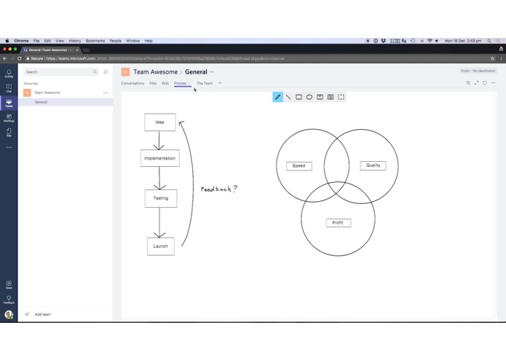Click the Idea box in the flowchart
pyautogui.click(x=159, y=122)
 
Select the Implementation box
pyautogui.click(x=159, y=158)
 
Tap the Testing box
pyautogui.click(x=160, y=198)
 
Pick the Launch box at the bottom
pyautogui.click(x=160, y=246)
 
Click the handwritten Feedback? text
pyautogui.click(x=218, y=189)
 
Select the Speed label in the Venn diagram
pyautogui.click(x=299, y=166)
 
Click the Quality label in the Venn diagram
pyautogui.click(x=373, y=165)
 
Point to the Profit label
pyautogui.click(x=338, y=223)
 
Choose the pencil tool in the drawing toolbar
pyautogui.click(x=277, y=97)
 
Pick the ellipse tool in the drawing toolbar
pyautogui.click(x=309, y=97)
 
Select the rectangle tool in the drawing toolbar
pyautogui.click(x=299, y=97)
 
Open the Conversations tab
pyautogui.click(x=133, y=83)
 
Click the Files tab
pyautogui.click(x=153, y=83)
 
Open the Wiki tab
pyautogui.click(x=165, y=83)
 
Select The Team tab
pyautogui.click(x=205, y=83)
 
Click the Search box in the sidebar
pyautogui.click(x=58, y=72)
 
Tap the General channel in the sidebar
pyautogui.click(x=41, y=102)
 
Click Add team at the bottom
pyautogui.click(x=42, y=314)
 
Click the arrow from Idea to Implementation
pyautogui.click(x=159, y=141)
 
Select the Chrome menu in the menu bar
pyautogui.click(x=21, y=41)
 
